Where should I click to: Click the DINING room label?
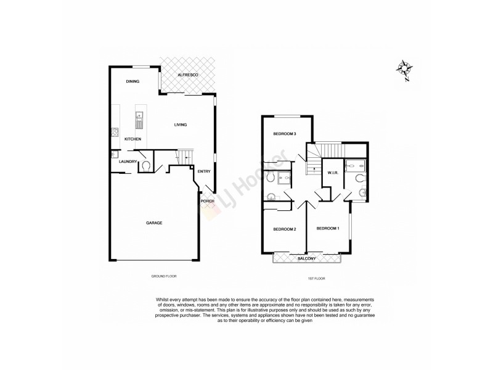coord(132,81)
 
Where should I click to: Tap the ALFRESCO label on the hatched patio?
coord(187,75)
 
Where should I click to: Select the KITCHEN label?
coord(132,139)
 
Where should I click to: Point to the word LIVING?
coord(180,125)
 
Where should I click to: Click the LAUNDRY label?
coord(128,162)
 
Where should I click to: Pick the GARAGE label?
coord(154,223)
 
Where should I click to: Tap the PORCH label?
coord(206,201)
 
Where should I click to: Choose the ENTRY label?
coord(203,172)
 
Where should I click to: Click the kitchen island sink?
coord(139,115)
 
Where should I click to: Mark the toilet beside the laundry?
coord(145,165)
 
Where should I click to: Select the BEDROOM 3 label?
coord(285,134)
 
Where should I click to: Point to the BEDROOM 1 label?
coord(328,229)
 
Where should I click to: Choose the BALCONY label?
coord(306,258)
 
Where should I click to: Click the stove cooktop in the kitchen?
coord(114,131)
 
